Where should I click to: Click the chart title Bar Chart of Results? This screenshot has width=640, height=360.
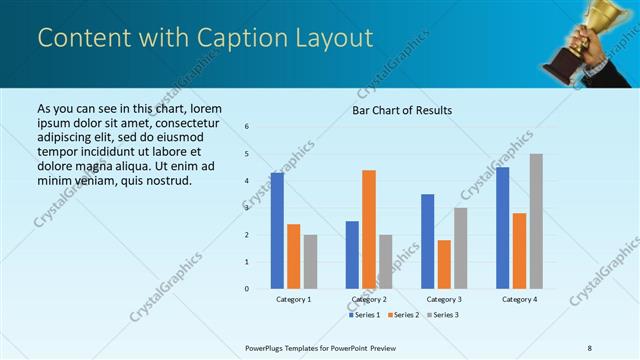[402, 110]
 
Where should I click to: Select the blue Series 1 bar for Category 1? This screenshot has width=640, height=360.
[277, 231]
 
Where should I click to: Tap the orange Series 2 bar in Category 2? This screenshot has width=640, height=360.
[369, 229]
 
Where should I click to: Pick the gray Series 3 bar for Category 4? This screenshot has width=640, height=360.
[536, 221]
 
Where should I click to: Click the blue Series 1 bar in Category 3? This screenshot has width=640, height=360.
[428, 241]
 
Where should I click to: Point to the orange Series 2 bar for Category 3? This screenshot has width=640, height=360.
[444, 264]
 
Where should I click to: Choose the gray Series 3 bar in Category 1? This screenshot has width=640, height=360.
[310, 262]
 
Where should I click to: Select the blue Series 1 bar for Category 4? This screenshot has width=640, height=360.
[503, 228]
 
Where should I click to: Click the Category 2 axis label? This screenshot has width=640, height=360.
[369, 299]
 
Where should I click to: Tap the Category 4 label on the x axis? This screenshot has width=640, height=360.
[519, 299]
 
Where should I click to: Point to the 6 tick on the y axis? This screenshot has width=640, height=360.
[247, 127]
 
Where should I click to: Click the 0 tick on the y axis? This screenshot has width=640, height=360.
[247, 289]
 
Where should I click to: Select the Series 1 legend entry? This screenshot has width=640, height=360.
[364, 315]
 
